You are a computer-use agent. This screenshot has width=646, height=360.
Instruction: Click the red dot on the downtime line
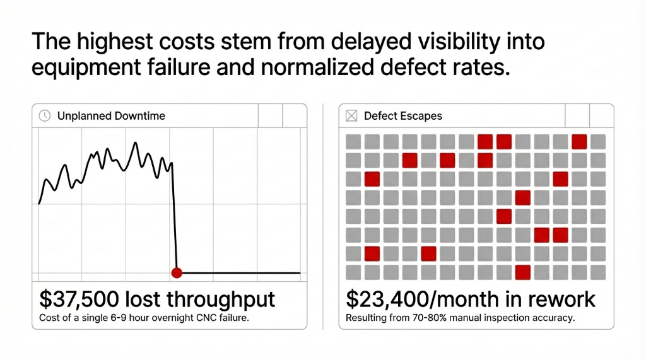pos(177,273)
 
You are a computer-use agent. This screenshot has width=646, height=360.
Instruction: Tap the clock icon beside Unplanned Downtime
pos(45,115)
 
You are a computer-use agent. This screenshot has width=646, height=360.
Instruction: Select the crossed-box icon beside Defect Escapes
pos(351,115)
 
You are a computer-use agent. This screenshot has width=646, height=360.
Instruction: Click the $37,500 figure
pos(79,298)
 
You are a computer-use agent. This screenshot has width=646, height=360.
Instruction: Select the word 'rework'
pos(565,298)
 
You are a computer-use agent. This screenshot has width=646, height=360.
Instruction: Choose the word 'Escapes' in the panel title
pos(421,116)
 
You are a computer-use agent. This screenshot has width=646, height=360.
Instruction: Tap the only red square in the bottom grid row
pos(522,272)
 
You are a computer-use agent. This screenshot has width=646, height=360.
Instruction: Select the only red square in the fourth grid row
pos(522,197)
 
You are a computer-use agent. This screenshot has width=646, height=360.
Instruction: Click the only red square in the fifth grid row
pos(503,216)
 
